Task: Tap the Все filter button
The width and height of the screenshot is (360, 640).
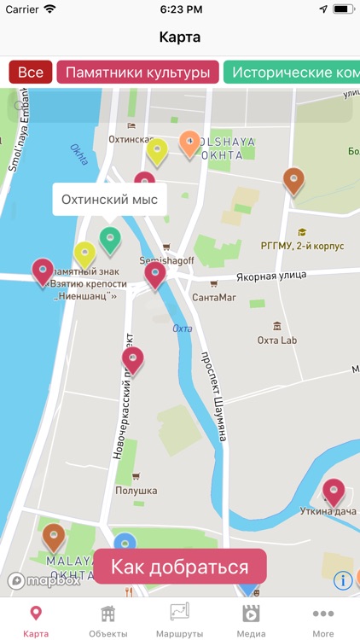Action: click(x=30, y=73)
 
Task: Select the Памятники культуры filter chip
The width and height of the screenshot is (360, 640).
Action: click(x=136, y=73)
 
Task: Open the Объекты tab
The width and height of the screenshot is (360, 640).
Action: click(x=108, y=620)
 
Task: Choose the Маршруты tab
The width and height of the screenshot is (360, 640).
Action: click(x=179, y=620)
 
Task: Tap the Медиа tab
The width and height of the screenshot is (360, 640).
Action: click(x=251, y=620)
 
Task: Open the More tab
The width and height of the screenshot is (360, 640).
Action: click(x=322, y=620)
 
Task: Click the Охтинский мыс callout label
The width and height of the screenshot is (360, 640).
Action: click(x=109, y=201)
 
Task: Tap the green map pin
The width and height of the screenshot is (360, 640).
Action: click(x=109, y=239)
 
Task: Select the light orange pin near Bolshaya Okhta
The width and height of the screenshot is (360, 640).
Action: click(x=190, y=143)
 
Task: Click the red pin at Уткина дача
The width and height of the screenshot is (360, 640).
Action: click(x=334, y=492)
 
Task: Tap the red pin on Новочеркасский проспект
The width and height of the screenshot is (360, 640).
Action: click(x=132, y=359)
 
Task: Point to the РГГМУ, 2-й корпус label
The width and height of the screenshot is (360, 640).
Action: click(x=303, y=246)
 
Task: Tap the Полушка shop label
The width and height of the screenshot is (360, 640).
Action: click(x=136, y=491)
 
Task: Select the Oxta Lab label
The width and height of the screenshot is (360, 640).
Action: click(x=277, y=340)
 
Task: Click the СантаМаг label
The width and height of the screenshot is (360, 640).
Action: click(x=214, y=298)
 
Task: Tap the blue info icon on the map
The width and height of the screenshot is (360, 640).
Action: click(x=343, y=580)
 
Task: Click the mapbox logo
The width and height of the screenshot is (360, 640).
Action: click(x=44, y=581)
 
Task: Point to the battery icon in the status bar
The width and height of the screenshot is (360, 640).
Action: click(x=343, y=9)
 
